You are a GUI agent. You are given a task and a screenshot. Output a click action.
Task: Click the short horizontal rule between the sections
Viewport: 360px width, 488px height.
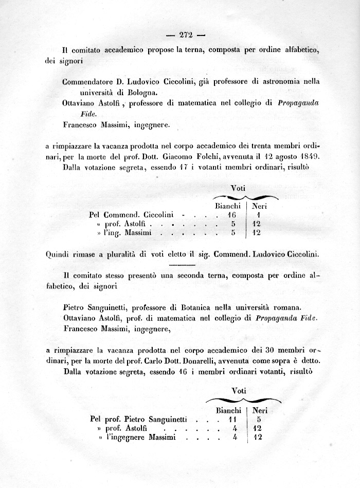click(180, 264)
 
